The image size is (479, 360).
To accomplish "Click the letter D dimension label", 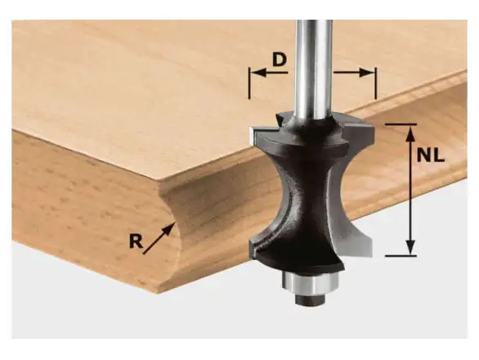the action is tap(280, 60).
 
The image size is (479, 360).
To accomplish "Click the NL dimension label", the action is tap(430, 155).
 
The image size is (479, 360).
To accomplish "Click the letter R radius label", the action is tap(136, 241).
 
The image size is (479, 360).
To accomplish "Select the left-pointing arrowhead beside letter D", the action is tap(258, 73).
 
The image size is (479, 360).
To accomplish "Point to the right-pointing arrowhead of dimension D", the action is tap(367, 73).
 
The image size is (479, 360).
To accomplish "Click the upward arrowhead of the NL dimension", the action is tap(410, 133).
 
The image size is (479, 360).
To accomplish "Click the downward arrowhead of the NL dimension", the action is tap(410, 246).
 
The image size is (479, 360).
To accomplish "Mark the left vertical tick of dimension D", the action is tap(249, 83).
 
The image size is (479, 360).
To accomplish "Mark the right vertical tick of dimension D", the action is tap(376, 83).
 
